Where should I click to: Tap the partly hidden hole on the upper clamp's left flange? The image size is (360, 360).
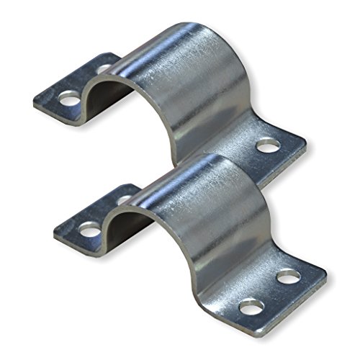(105, 69)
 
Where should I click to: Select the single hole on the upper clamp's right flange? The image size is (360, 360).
(268, 147)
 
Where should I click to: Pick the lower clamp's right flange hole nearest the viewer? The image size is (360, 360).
(251, 308)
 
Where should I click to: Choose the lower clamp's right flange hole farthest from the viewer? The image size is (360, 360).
(289, 275)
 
